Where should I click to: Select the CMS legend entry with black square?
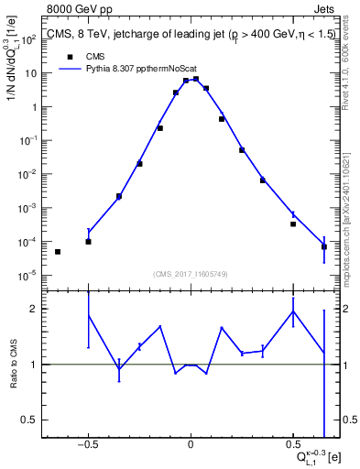click(83, 55)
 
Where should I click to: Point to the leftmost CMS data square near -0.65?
click(58, 251)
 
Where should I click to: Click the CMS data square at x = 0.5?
click(293, 224)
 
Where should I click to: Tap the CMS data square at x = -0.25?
click(139, 164)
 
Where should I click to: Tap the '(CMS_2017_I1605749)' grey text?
click(191, 274)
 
